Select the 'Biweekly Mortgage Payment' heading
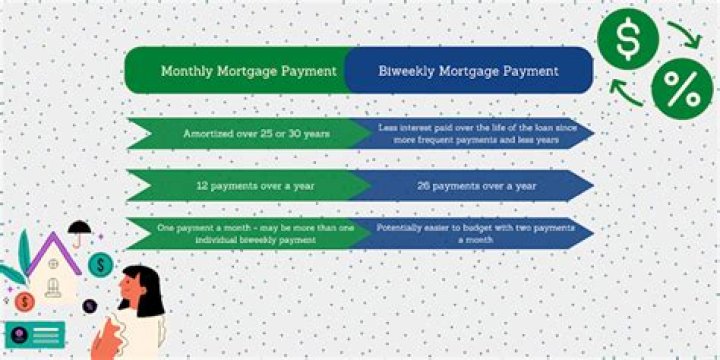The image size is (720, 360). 468,71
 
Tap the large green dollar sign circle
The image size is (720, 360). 627,39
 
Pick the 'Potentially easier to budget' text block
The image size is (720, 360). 470,234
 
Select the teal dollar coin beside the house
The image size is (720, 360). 100,264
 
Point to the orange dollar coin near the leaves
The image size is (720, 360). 28,299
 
